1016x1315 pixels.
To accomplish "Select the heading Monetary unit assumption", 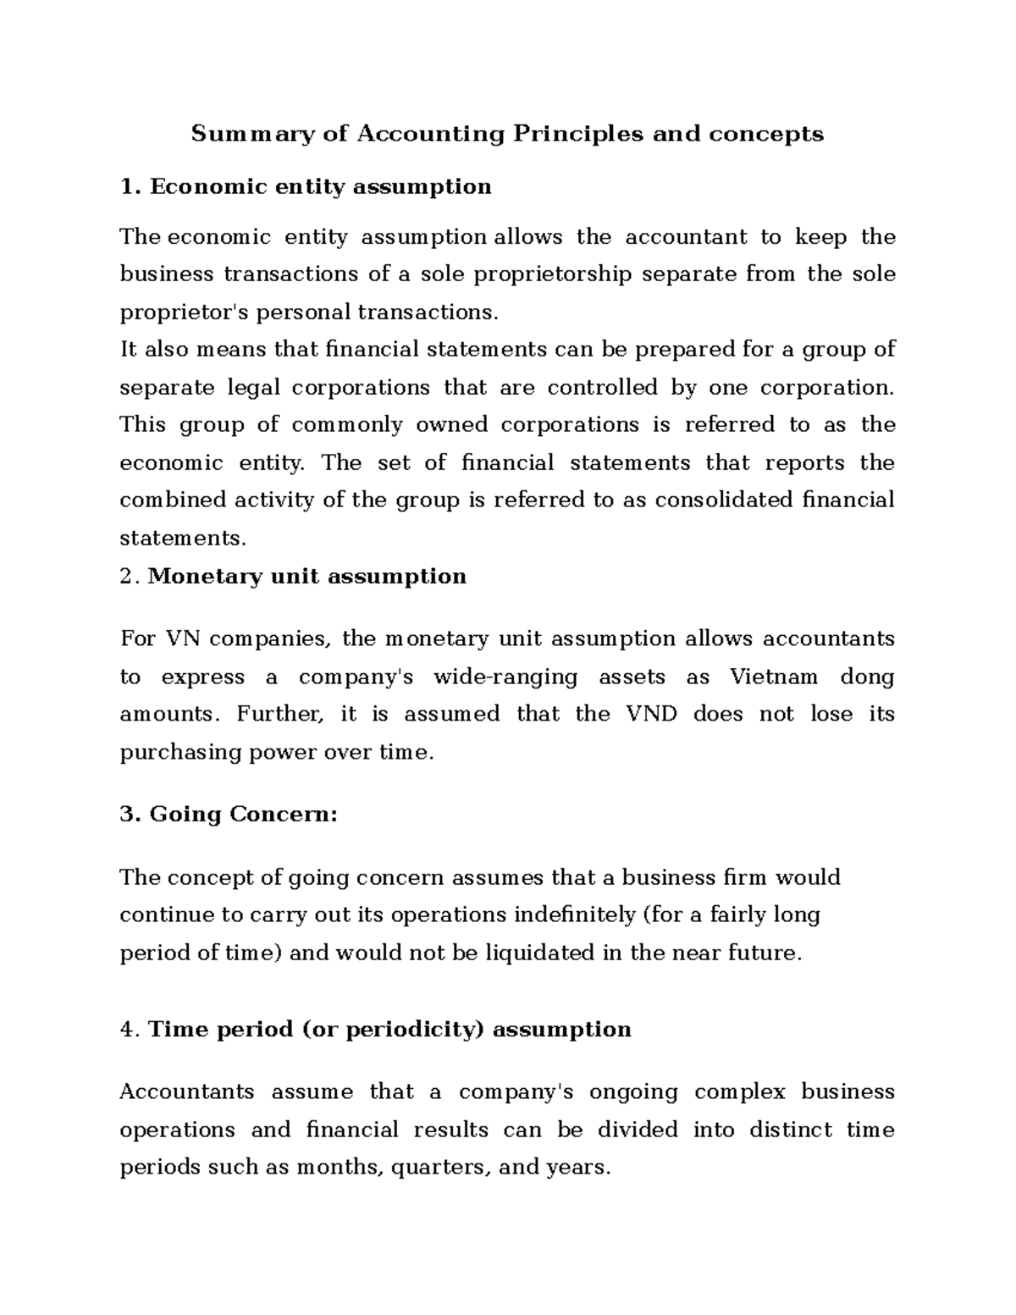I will (306, 577).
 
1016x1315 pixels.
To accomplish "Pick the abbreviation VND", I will (651, 714).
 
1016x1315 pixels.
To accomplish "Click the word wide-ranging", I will (505, 677).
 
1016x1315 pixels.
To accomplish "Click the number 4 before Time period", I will (127, 1030).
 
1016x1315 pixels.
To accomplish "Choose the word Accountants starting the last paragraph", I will (186, 1092).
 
